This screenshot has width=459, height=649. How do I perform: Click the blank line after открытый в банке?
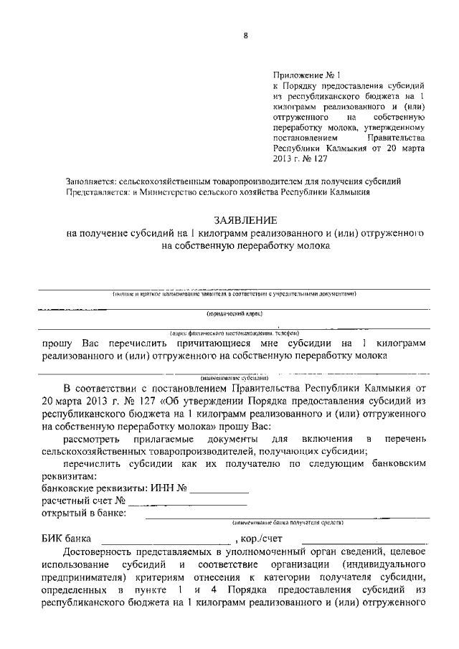coord(287,514)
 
